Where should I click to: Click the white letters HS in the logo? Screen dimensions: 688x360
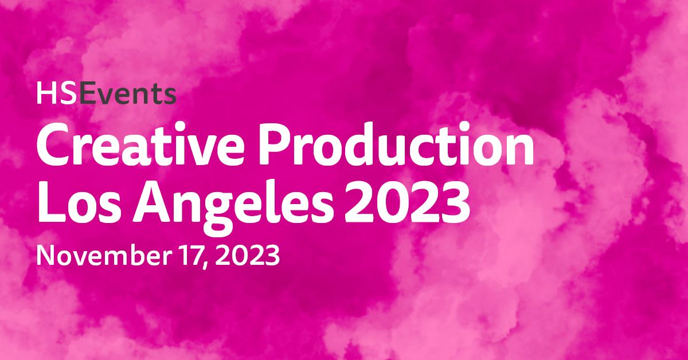[57, 93]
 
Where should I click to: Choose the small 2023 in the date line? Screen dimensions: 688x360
[248, 256]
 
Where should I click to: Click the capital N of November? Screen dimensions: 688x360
[45, 256]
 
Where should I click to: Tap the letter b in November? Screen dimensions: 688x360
[132, 255]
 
